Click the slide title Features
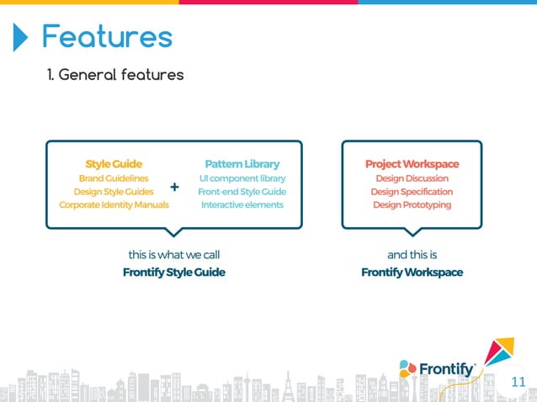click(x=107, y=37)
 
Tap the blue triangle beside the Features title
click(x=20, y=37)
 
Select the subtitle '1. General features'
click(x=115, y=76)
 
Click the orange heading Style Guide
click(x=114, y=164)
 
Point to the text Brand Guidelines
click(x=114, y=178)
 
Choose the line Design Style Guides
click(x=114, y=192)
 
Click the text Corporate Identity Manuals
click(x=114, y=205)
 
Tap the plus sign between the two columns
click(x=174, y=187)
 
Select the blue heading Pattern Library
click(x=242, y=164)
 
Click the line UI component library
click(x=242, y=178)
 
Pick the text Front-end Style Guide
click(x=242, y=192)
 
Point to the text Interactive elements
click(x=242, y=205)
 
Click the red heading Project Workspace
click(x=412, y=164)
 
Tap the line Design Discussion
click(x=412, y=178)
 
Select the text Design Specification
click(x=412, y=192)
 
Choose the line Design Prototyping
click(x=412, y=205)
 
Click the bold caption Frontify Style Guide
click(x=174, y=272)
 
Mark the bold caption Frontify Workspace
click(x=412, y=272)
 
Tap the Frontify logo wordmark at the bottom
click(x=447, y=368)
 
